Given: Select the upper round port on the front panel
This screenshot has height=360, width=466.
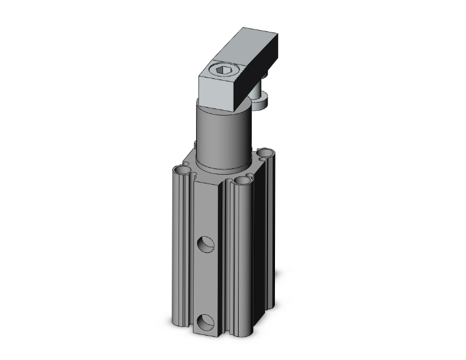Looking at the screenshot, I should point(205,244).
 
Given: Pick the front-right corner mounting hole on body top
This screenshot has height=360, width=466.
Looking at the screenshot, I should point(241,182).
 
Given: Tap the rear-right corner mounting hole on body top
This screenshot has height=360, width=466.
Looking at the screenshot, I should point(264,153).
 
